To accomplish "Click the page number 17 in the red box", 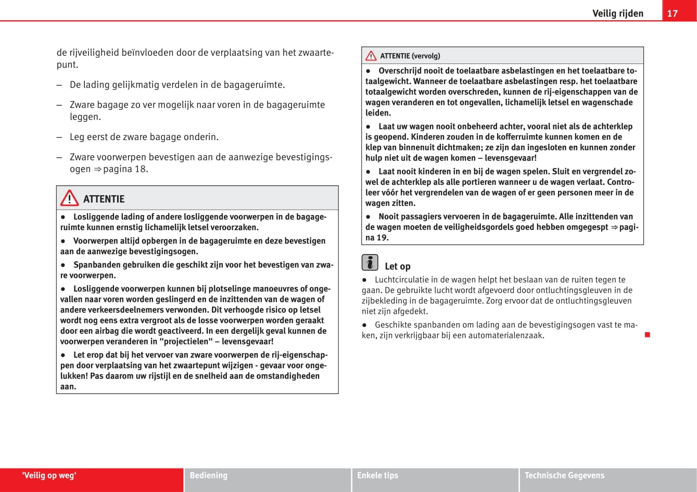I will click(x=673, y=13).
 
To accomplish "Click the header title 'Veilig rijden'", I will click(x=617, y=14).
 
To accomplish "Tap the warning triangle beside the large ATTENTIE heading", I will click(x=69, y=198).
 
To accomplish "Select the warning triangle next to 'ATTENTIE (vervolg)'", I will click(x=371, y=56).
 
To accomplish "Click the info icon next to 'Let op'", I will click(x=370, y=262).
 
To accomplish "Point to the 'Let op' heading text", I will click(x=398, y=267).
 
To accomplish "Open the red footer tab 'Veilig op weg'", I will click(x=49, y=475).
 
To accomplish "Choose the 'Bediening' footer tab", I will click(x=208, y=475).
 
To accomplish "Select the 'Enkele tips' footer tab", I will click(x=377, y=475).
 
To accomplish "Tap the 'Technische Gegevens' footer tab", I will click(x=564, y=475).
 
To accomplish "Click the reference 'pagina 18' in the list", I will click(x=125, y=169).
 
